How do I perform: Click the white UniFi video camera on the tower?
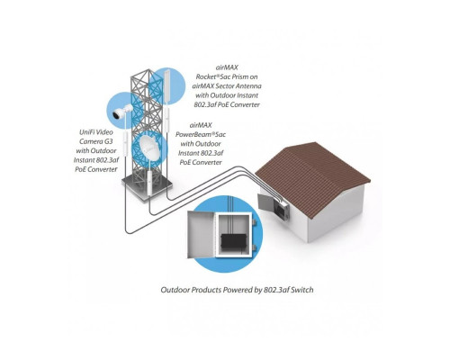121,112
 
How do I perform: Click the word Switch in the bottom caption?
310,291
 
